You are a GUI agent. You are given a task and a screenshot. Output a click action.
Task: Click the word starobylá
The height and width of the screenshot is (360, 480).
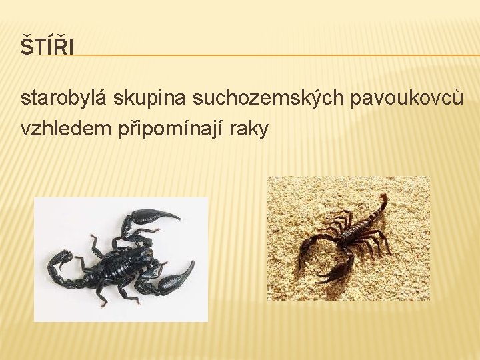click(x=65, y=99)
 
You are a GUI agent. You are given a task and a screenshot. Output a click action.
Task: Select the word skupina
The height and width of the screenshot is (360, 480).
click(x=150, y=99)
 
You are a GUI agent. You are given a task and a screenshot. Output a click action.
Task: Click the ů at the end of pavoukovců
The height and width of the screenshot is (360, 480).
click(x=457, y=99)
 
